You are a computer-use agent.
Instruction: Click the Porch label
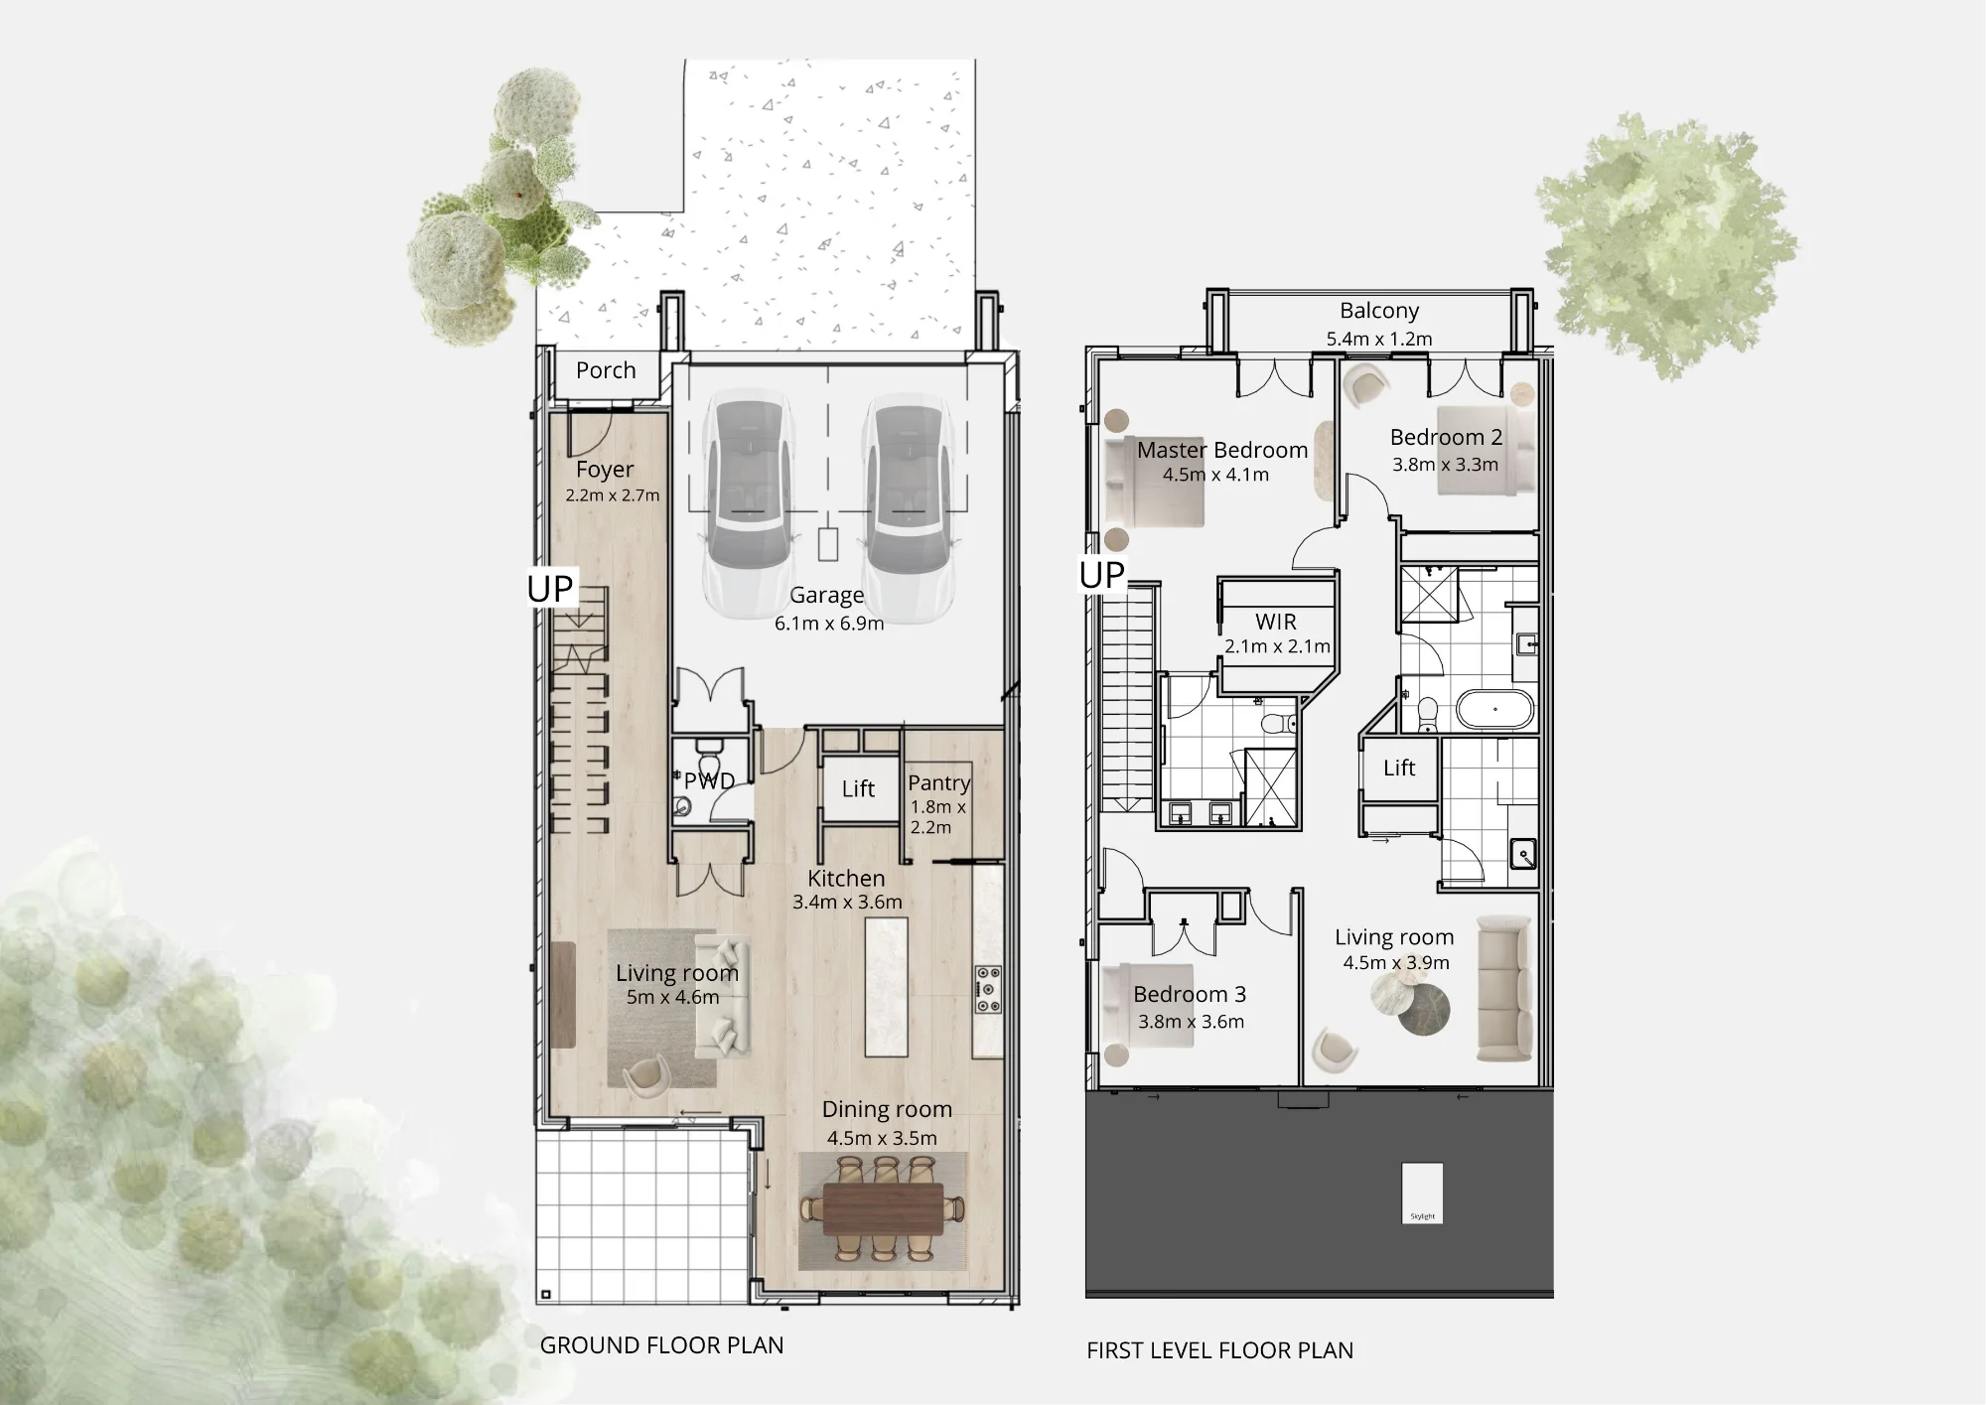click(x=606, y=370)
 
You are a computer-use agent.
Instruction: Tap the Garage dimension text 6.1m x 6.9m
click(x=829, y=624)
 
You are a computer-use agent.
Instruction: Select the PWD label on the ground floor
click(x=709, y=781)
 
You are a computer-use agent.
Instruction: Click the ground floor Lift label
click(x=858, y=789)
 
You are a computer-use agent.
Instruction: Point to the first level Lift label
click(x=1399, y=768)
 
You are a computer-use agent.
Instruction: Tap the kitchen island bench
click(x=887, y=987)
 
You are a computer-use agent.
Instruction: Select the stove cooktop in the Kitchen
click(x=988, y=990)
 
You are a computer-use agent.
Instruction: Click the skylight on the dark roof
click(x=1422, y=1193)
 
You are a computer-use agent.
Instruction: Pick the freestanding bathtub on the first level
click(x=1495, y=711)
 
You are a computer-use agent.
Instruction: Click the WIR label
click(x=1276, y=622)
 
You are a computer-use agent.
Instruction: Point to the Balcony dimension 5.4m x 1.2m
click(x=1379, y=340)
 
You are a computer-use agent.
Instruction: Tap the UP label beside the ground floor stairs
click(x=550, y=589)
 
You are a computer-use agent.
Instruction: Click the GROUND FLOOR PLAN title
click(x=661, y=1345)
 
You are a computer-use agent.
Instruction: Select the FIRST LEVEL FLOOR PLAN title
click(x=1219, y=1350)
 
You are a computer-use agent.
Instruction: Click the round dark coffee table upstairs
click(x=1424, y=1009)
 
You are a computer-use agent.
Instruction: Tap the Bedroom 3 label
click(x=1190, y=995)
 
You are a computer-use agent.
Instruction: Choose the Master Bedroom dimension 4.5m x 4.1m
click(x=1215, y=475)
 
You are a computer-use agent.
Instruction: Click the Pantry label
click(x=939, y=783)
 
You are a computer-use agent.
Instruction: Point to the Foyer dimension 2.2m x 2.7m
click(x=613, y=495)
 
